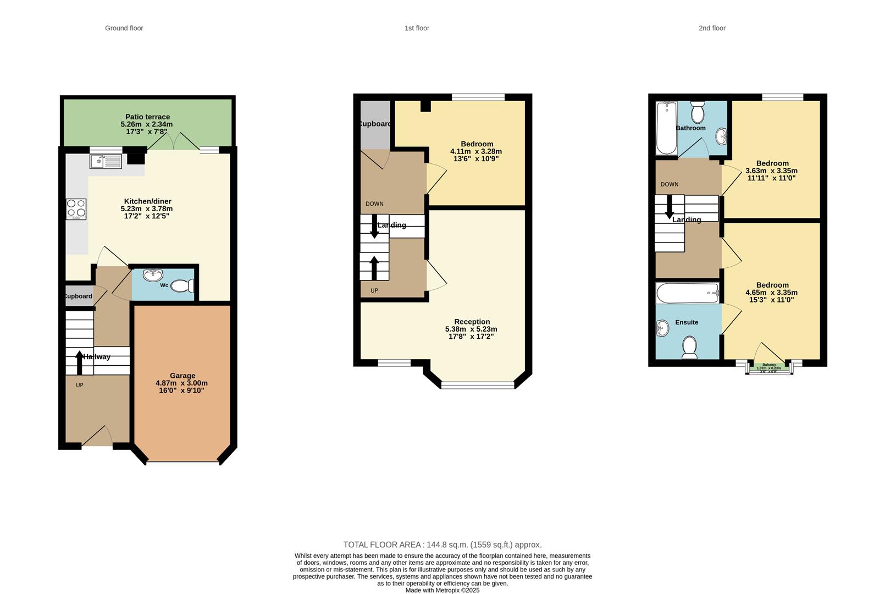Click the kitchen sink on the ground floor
point(106,161)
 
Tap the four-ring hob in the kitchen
point(76,209)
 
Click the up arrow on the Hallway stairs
point(80,362)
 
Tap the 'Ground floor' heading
point(124,28)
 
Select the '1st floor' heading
point(417,28)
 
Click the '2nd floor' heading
point(712,28)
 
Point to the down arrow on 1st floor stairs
point(374,227)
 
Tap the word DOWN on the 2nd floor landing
point(669,184)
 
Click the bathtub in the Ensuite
point(687,293)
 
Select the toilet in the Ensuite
point(689,347)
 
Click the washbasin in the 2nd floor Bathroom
point(722,135)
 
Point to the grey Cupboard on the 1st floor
point(375,124)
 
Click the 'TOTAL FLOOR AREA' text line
point(442,544)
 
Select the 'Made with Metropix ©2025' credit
point(442,590)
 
